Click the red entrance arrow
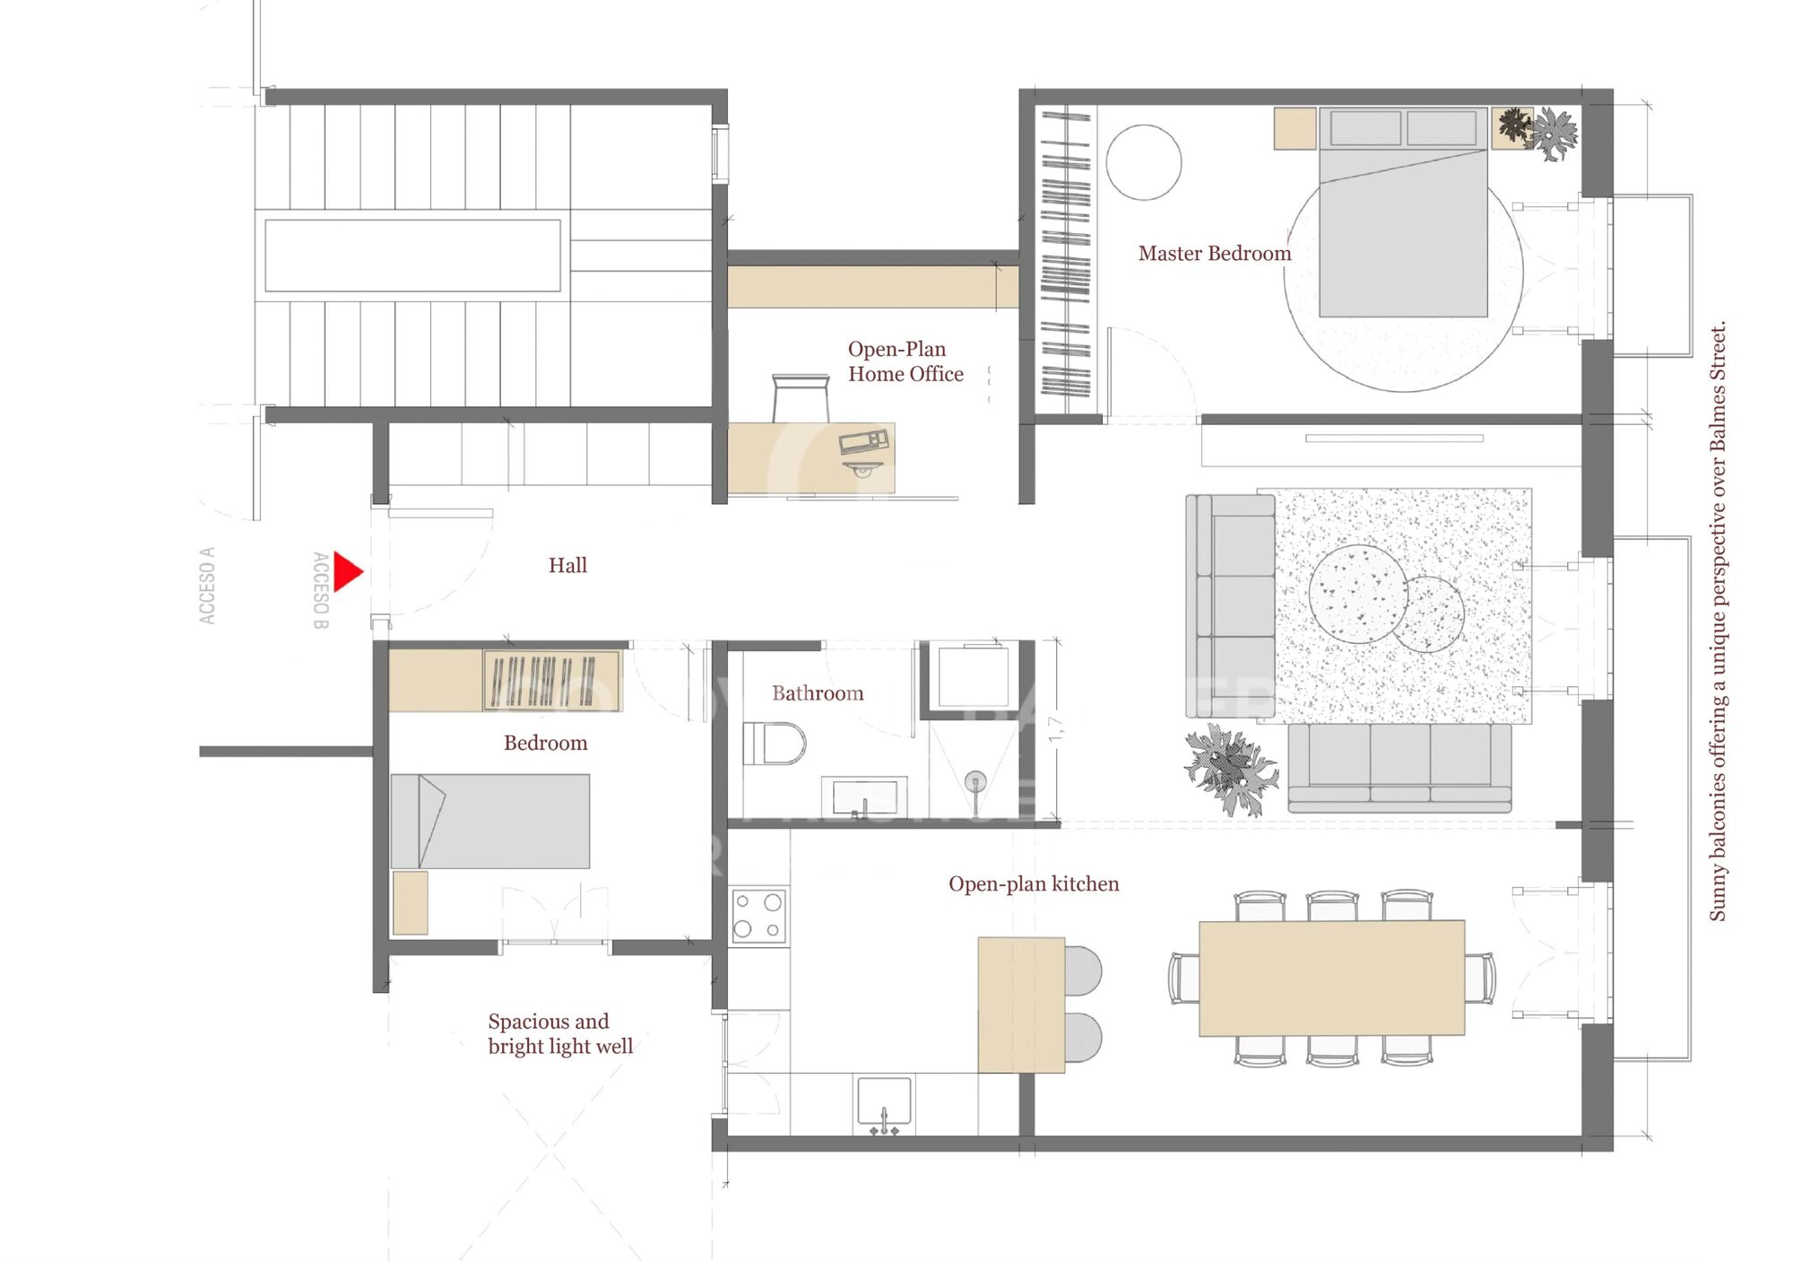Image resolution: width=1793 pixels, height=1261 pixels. [x=347, y=571]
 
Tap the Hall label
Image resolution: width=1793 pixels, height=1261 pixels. [x=567, y=565]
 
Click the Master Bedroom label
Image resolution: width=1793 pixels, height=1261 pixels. [x=1214, y=254]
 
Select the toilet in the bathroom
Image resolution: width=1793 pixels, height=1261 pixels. [x=775, y=744]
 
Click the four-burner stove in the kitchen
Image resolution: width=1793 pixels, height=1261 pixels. [x=758, y=916]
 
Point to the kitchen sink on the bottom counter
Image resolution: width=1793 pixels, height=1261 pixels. [x=884, y=1101]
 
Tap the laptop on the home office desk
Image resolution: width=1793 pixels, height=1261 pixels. [x=863, y=441]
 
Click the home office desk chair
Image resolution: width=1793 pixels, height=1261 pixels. [x=801, y=398]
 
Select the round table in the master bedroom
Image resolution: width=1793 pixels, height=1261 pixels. [x=1143, y=162]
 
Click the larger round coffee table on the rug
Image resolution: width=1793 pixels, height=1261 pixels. [x=1357, y=594]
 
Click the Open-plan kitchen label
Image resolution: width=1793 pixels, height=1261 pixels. [x=1033, y=884]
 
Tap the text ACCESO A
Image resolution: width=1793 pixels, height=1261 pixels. [x=207, y=586]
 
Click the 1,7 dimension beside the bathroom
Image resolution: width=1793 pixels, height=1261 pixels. [x=1055, y=728]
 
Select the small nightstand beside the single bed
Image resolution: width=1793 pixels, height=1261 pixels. [x=410, y=902]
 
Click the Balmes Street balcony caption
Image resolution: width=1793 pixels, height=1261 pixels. [x=1717, y=621]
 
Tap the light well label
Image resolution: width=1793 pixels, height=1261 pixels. [x=559, y=1034]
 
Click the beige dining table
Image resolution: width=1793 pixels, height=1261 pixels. [x=1331, y=978]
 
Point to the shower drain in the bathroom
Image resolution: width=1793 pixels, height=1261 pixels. [x=975, y=781]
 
